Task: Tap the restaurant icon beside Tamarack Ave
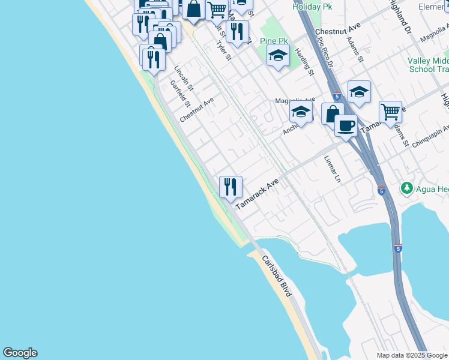point(231,187)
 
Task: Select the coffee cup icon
point(345,126)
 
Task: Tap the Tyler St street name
point(223,49)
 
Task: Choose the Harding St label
point(305,62)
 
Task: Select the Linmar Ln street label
point(332,170)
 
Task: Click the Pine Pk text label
point(274,41)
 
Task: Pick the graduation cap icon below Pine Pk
point(278,57)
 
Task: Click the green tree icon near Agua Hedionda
point(407,189)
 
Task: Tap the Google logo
point(20,353)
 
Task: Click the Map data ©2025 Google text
point(412,355)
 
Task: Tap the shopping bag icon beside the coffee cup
point(332,113)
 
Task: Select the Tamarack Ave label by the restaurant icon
point(258,193)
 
